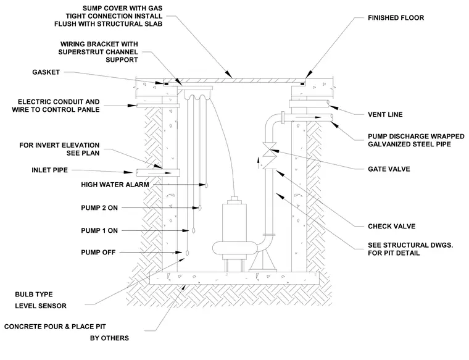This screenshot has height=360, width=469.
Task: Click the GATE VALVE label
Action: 389,169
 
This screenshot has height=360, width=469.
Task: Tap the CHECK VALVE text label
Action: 391,226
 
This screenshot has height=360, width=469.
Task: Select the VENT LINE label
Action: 385,114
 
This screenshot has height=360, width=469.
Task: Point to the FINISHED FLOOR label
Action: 396,18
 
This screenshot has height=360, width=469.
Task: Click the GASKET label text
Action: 46,72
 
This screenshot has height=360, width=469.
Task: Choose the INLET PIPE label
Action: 49,170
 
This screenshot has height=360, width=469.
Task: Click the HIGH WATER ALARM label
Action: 115,185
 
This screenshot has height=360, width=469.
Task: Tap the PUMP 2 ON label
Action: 99,207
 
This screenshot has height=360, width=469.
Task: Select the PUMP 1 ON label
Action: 99,230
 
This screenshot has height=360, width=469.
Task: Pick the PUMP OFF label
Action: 98,253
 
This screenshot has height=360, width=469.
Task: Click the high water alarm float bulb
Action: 206,185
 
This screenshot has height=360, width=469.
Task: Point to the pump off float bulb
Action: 187,253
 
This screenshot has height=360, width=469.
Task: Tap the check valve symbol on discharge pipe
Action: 268,163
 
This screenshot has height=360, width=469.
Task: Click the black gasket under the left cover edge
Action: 165,83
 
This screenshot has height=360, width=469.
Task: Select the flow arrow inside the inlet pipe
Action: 160,173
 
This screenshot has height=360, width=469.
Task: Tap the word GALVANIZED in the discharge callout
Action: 390,144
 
